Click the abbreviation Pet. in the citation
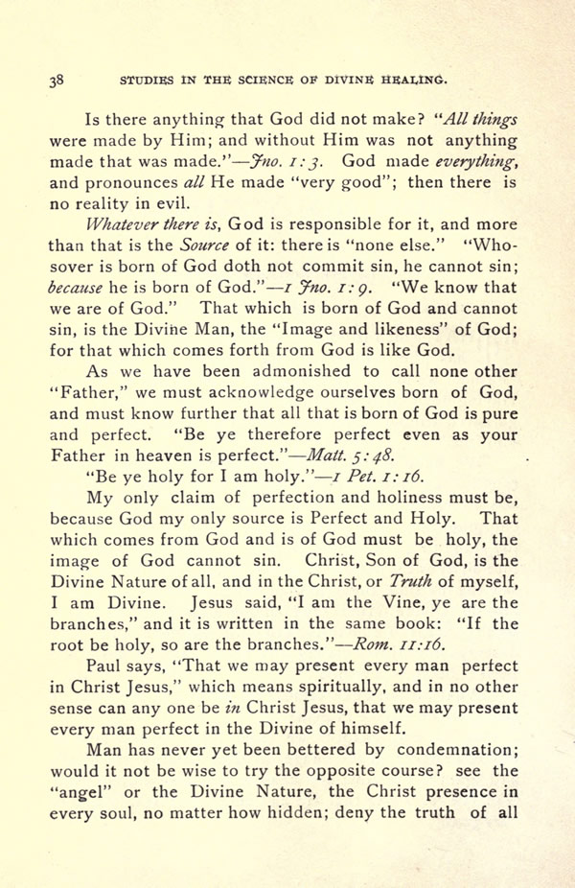pyautogui.click(x=351, y=477)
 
